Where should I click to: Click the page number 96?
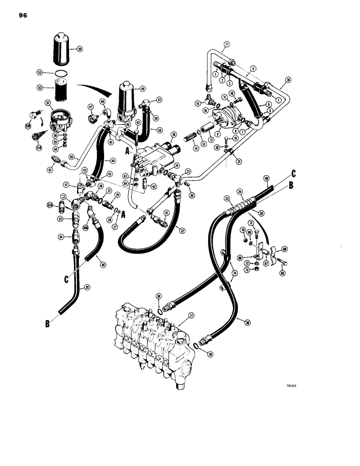tap(23, 15)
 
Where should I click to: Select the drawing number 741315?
tap(290, 385)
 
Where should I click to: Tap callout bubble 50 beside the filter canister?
tap(79, 48)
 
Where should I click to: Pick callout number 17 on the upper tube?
tap(227, 45)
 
